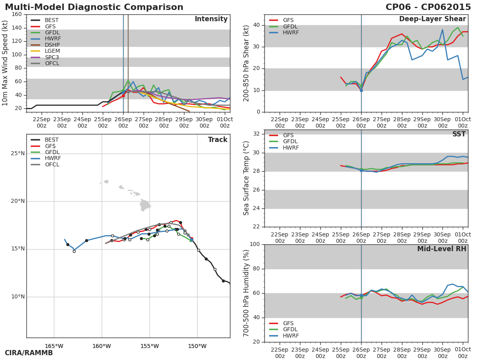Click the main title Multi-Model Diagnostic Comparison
pos(94,7)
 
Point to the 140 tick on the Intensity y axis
pos(17,28)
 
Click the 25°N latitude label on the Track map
pos(18,154)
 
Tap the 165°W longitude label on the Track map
pos(54,346)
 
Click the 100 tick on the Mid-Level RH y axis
pos(254,244)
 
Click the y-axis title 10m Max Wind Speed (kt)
pos(5,63)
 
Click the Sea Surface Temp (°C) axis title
pos(246,178)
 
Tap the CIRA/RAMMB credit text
pos(29,353)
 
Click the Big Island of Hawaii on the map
pos(145,206)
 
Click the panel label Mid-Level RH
pos(442,249)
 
